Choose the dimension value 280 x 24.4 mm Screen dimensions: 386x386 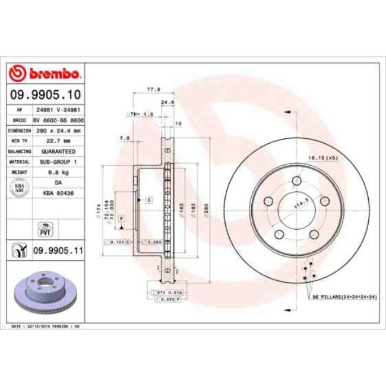pyautogui.click(x=58, y=130)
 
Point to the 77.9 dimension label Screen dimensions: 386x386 pyautogui.click(x=151, y=89)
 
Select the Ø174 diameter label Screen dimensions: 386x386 pyautogui.click(x=97, y=210)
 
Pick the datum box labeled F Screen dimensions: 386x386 pyautogui.click(x=121, y=219)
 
